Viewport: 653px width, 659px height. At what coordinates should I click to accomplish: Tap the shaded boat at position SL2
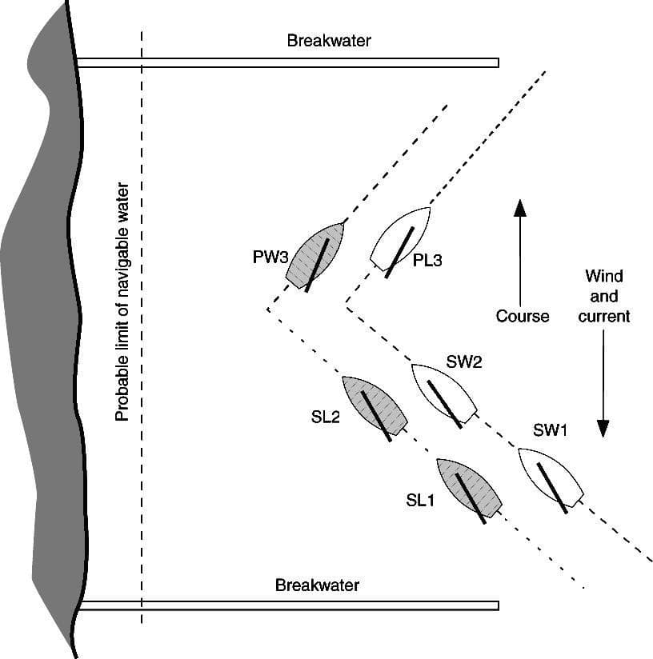[x=375, y=406]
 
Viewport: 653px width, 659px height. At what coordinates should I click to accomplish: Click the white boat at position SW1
[x=551, y=478]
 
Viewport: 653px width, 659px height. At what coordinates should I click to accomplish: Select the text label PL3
[x=427, y=260]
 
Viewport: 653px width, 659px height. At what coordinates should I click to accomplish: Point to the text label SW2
[x=464, y=361]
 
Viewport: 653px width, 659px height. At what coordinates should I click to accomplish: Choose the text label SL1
[x=420, y=501]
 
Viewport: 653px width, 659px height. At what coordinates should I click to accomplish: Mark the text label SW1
[x=550, y=431]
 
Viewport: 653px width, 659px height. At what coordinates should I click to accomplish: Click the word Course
[x=523, y=316]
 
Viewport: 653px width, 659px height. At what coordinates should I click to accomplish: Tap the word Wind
[x=604, y=277]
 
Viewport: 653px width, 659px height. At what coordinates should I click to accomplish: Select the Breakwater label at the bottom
[x=317, y=585]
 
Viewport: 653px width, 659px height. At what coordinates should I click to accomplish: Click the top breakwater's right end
[x=496, y=62]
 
